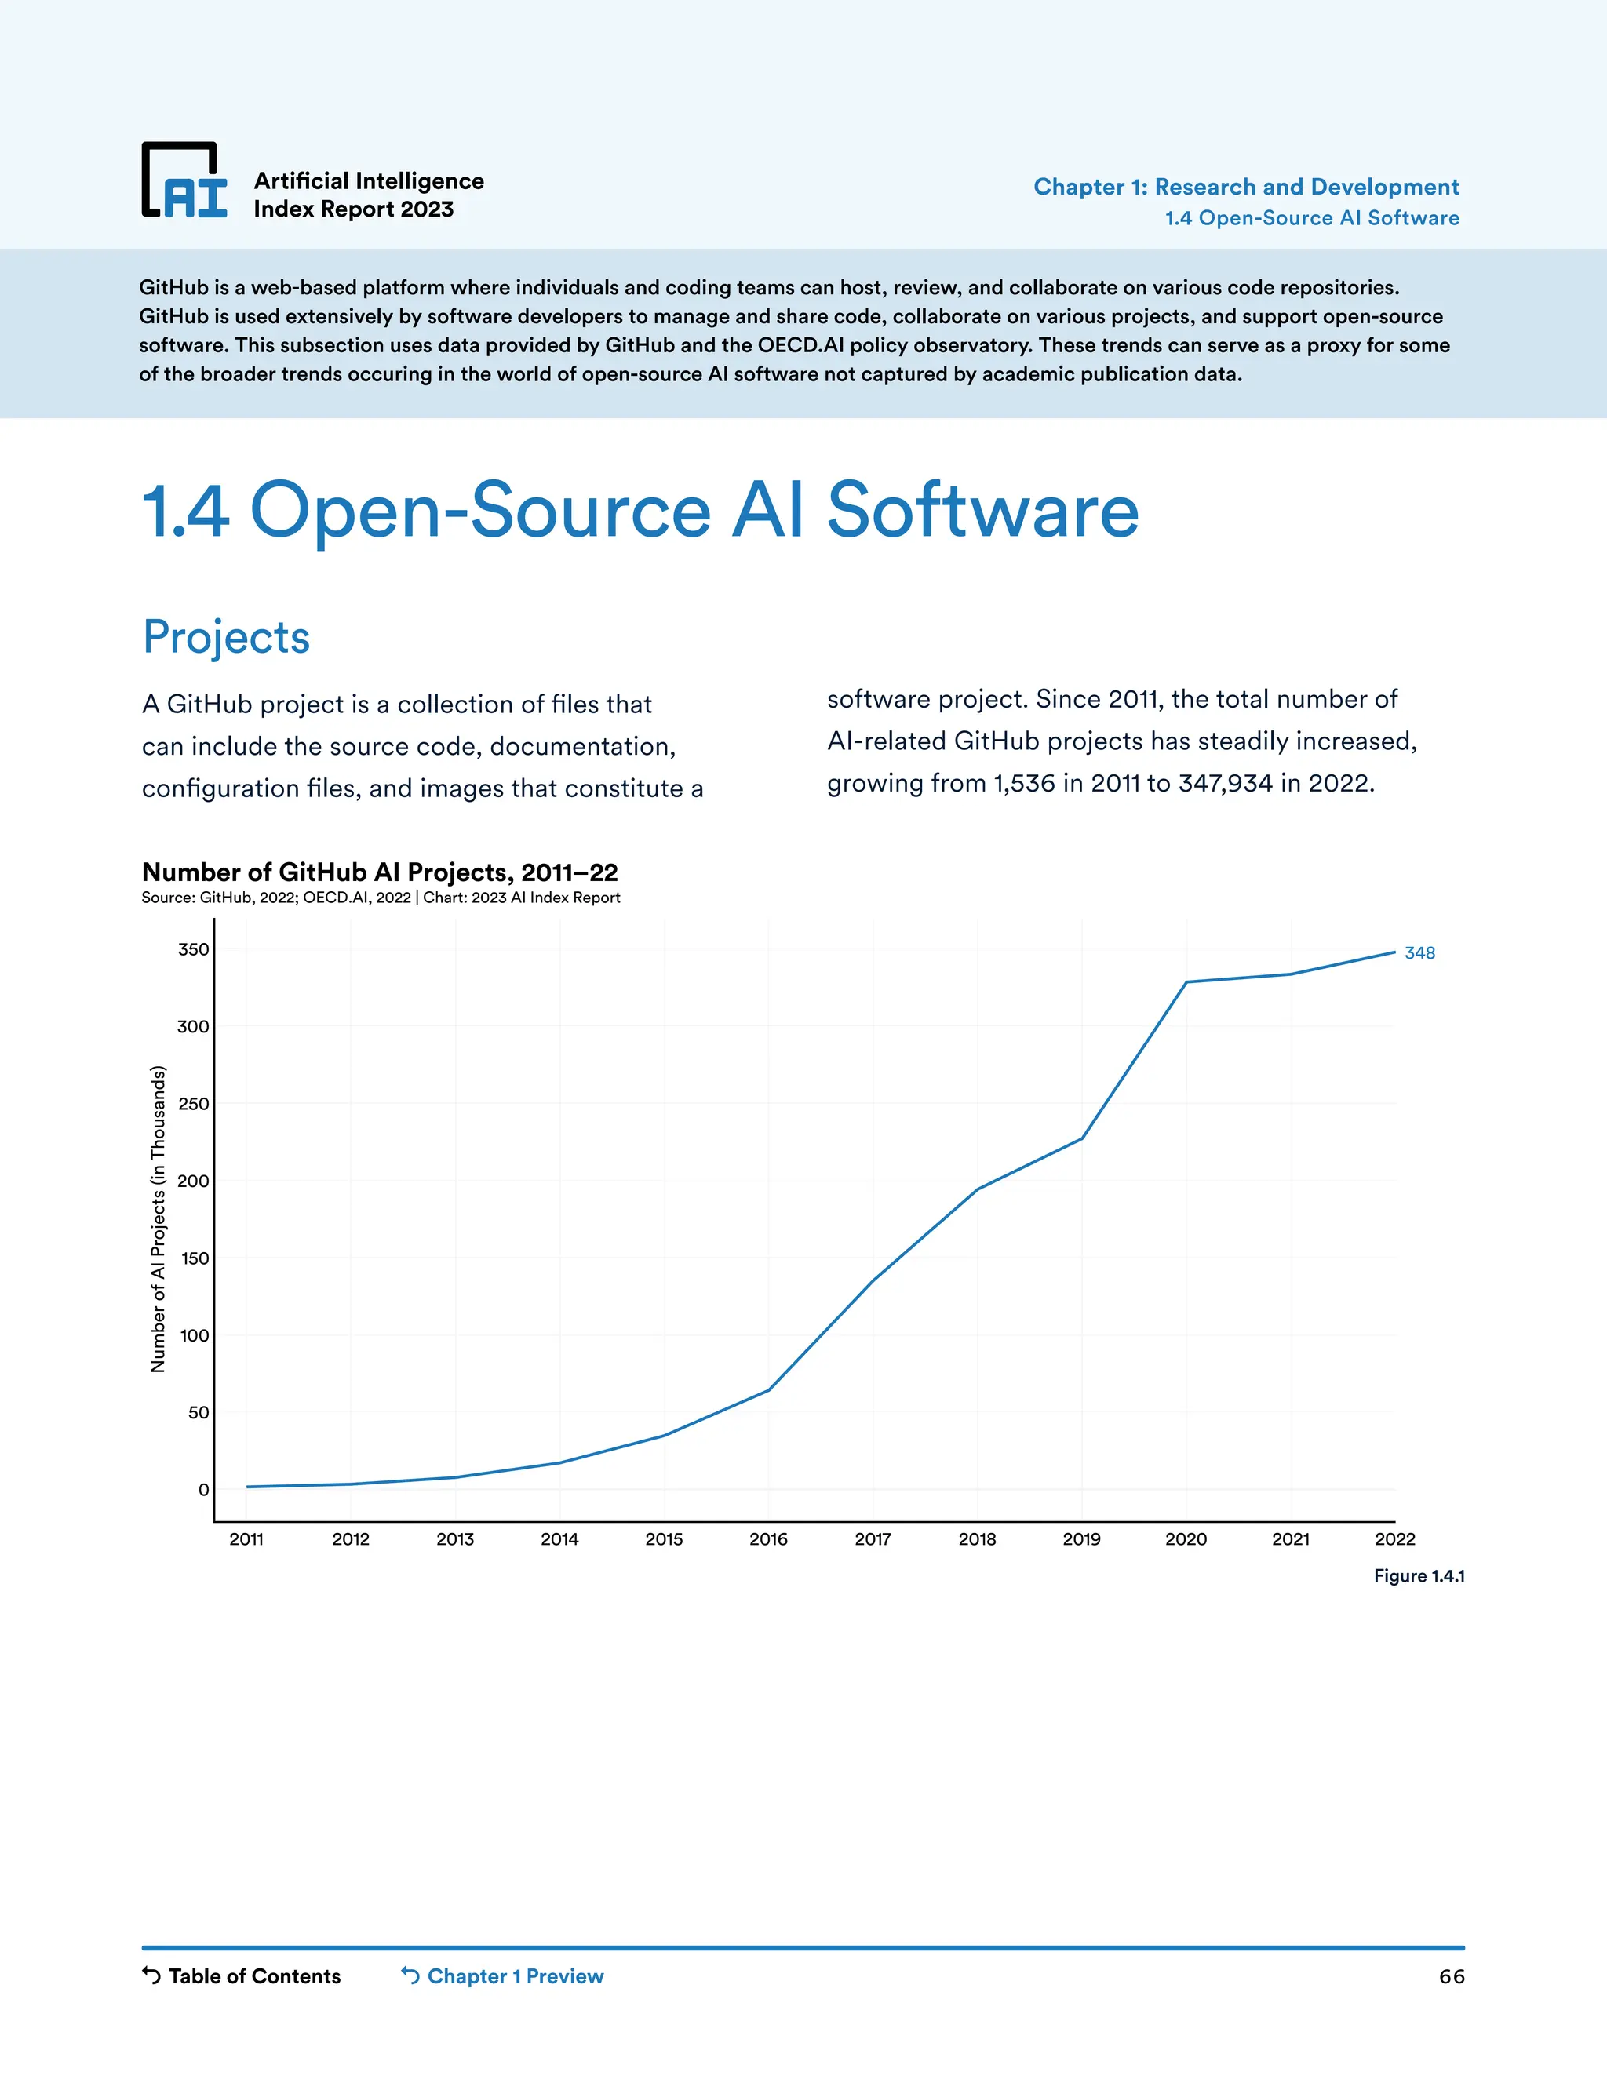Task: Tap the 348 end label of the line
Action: tap(1419, 953)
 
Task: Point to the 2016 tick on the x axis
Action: tap(768, 1539)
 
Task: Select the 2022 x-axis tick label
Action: tap(1394, 1539)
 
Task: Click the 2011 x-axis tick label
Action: tap(246, 1539)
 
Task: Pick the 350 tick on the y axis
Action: tap(193, 949)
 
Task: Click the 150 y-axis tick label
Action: tap(195, 1258)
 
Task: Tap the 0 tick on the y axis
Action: tap(202, 1490)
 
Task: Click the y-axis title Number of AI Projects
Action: tap(158, 1218)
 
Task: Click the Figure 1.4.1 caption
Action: tap(1419, 1575)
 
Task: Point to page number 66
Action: tap(1451, 1977)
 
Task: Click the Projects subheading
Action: tap(227, 637)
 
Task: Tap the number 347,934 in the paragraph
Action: tap(1225, 784)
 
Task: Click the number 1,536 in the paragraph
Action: tap(1024, 784)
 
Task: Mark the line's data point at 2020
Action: tap(1186, 981)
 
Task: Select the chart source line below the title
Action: tap(381, 898)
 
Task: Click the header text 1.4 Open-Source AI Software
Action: tap(1312, 218)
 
